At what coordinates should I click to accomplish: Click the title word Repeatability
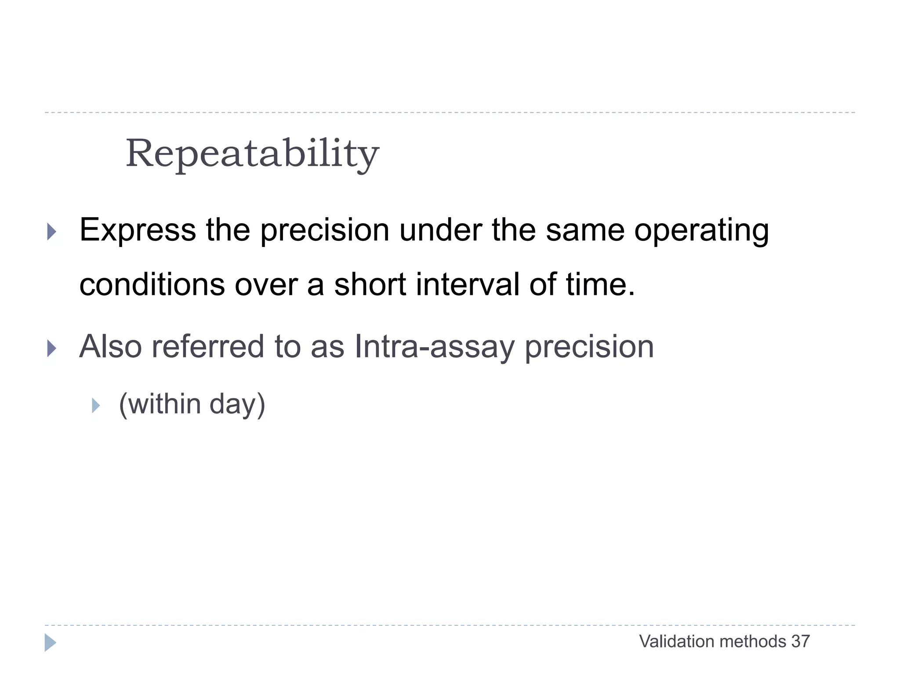pyautogui.click(x=252, y=154)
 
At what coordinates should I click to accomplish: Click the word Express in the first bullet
pyautogui.click(x=138, y=230)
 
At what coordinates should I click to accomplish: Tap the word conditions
pyautogui.click(x=152, y=284)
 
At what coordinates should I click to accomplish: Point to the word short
pyautogui.click(x=370, y=284)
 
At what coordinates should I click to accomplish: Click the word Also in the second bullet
pyautogui.click(x=110, y=347)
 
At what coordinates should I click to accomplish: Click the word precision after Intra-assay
pyautogui.click(x=589, y=347)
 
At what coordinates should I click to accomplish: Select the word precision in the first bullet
pyautogui.click(x=325, y=230)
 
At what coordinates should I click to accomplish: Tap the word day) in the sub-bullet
pyautogui.click(x=237, y=404)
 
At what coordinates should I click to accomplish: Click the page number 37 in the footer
pyautogui.click(x=800, y=642)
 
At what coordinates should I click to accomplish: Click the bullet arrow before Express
pyautogui.click(x=52, y=232)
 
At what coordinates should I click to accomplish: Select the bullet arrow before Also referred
pyautogui.click(x=52, y=348)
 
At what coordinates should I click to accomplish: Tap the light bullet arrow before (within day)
pyautogui.click(x=96, y=405)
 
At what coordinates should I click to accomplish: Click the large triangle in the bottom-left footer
pyautogui.click(x=50, y=642)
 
